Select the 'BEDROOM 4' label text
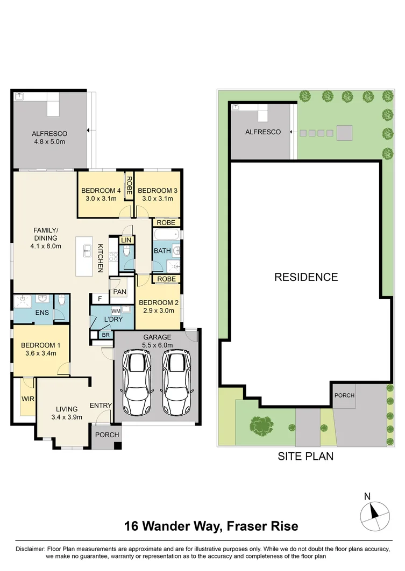(101, 191)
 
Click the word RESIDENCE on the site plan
(306, 277)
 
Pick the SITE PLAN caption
(305, 457)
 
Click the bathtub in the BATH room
(166, 235)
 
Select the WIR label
(27, 399)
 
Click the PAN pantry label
(119, 292)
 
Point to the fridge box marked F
(100, 299)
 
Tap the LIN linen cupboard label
(126, 240)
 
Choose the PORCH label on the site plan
(344, 395)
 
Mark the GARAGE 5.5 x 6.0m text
(156, 342)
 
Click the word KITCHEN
(100, 258)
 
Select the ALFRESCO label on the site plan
(263, 132)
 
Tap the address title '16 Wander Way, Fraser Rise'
(211, 526)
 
